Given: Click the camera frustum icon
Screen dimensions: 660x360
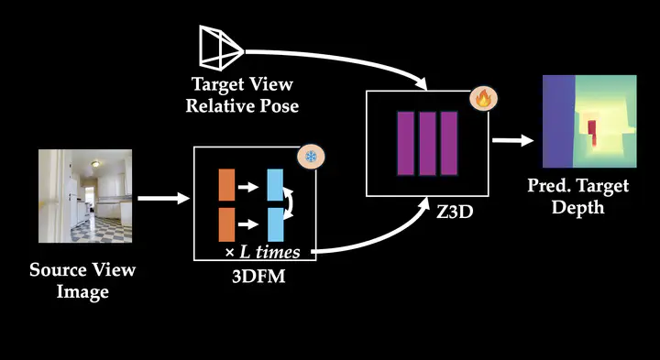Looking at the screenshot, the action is click(x=221, y=48).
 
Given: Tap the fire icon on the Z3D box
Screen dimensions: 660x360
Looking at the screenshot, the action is click(x=484, y=99).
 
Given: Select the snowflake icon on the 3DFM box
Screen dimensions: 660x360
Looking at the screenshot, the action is click(x=311, y=157).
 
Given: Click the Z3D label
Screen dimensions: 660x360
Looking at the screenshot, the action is click(x=454, y=213).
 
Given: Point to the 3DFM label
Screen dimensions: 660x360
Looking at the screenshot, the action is click(x=258, y=277).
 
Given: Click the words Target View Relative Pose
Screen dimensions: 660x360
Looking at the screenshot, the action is click(x=242, y=95).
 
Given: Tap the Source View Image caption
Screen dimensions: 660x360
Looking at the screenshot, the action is click(x=82, y=280).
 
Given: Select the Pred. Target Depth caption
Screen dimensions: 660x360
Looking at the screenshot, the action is click(x=577, y=196).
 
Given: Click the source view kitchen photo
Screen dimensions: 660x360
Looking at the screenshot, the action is click(x=85, y=196).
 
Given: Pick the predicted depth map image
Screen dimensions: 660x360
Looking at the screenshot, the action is click(x=589, y=121).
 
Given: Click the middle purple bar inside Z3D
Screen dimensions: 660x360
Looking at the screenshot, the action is click(x=427, y=144).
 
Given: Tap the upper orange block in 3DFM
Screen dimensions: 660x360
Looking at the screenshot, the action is click(x=226, y=185).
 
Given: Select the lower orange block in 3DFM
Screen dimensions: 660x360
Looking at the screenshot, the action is click(x=226, y=224).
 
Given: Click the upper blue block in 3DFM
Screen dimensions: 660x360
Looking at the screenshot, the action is click(x=275, y=185).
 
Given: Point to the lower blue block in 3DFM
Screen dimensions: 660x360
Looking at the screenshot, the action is click(x=275, y=224).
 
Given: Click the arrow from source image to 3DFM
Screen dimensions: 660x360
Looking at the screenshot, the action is click(x=164, y=198).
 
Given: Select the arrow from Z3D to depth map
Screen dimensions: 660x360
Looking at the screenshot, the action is click(x=513, y=140).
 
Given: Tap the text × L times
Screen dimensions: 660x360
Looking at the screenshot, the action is click(x=263, y=252).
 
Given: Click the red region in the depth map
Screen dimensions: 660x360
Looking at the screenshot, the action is click(x=591, y=134).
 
